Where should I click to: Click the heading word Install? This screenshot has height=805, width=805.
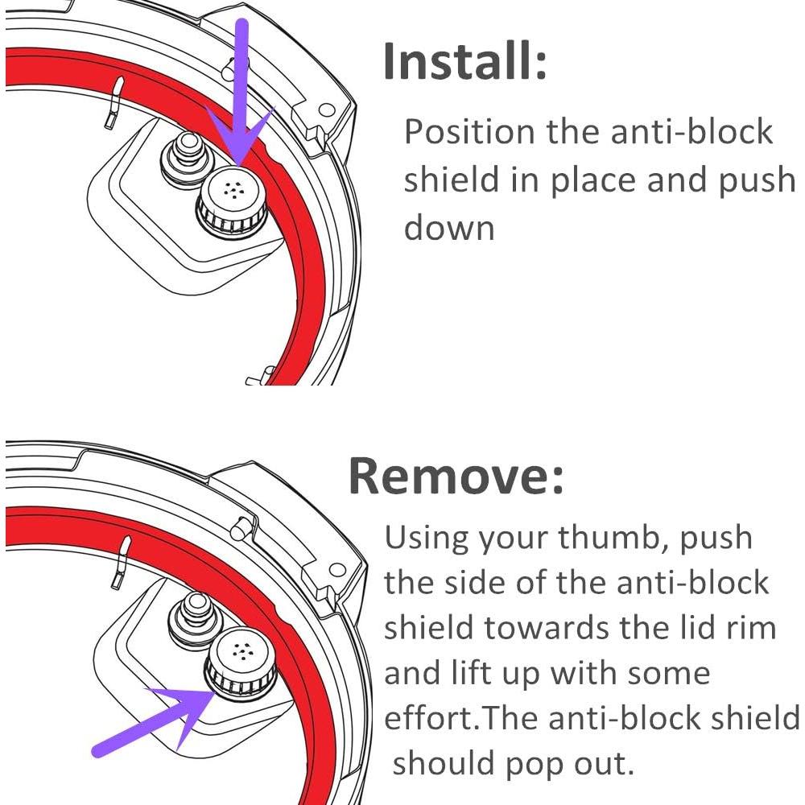coord(464,62)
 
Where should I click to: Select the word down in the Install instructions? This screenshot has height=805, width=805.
coord(448,228)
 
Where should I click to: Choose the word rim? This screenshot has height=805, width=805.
coord(749,628)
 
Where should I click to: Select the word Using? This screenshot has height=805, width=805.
coord(425,538)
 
